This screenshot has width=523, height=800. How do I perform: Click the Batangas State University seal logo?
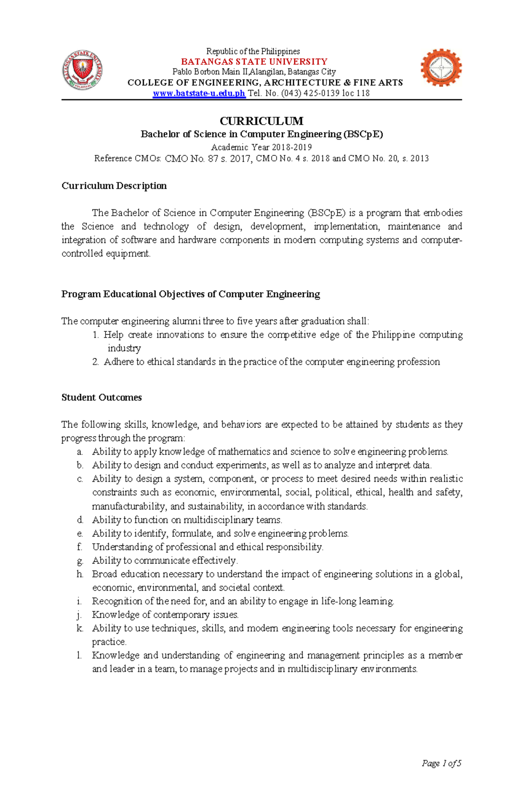pyautogui.click(x=82, y=70)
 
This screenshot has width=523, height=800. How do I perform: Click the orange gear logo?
pyautogui.click(x=441, y=68)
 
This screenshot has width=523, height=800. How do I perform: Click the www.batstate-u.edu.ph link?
pyautogui.click(x=199, y=93)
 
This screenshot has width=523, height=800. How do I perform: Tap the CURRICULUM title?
pyautogui.click(x=261, y=121)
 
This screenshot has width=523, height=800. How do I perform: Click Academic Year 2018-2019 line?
pyautogui.click(x=261, y=147)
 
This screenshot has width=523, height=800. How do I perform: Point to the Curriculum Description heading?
pyautogui.click(x=114, y=186)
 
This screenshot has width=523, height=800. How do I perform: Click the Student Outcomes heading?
pyautogui.click(x=102, y=397)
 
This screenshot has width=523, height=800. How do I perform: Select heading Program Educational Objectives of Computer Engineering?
pyautogui.click(x=190, y=294)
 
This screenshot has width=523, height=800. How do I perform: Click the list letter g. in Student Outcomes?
pyautogui.click(x=79, y=561)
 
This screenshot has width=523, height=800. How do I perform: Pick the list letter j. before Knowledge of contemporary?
pyautogui.click(x=79, y=615)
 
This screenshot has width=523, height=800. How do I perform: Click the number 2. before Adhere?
pyautogui.click(x=95, y=362)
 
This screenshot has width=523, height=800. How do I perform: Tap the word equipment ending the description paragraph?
pyautogui.click(x=127, y=254)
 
